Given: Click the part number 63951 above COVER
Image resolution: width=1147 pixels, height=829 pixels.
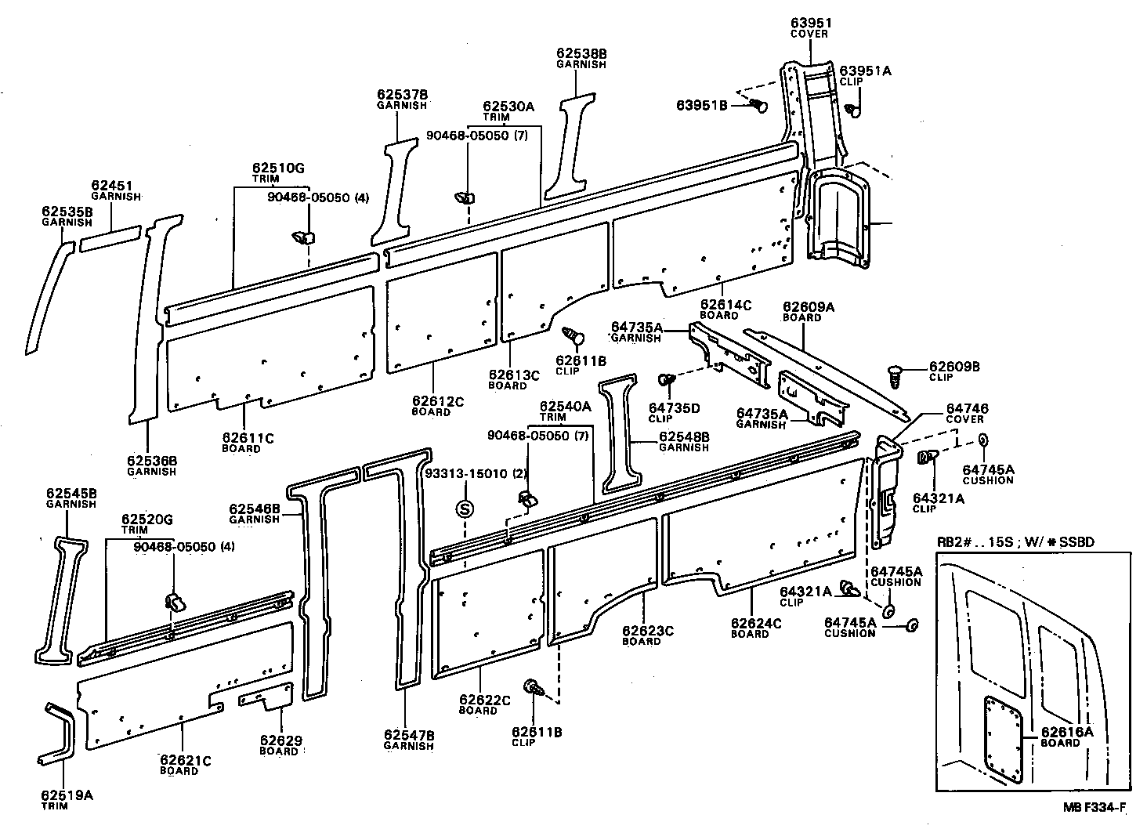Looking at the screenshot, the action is coord(811,23).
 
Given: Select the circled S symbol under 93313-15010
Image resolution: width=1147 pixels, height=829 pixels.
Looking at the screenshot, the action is coord(465,509).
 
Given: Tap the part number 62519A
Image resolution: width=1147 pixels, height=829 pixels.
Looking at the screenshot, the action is coord(67,795).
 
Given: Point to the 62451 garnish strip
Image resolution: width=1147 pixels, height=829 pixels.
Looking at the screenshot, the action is coord(110,238).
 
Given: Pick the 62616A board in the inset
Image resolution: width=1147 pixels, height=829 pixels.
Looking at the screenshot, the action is coord(1003,740).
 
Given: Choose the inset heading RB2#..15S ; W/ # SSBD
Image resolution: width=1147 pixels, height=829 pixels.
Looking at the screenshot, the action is coord(1015,542).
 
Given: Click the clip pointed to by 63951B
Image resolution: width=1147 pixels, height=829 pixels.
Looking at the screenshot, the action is coord(758,106).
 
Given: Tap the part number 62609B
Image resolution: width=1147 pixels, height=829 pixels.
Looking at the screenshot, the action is coord(954,367).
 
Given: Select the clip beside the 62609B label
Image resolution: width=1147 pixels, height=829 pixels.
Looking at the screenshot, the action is coord(895,376).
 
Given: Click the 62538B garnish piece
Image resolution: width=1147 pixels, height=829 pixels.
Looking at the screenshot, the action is coord(570,147).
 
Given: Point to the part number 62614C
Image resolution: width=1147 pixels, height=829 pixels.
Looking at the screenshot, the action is coord(725,305).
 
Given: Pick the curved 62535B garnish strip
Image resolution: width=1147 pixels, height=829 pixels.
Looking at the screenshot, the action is coord(48,297).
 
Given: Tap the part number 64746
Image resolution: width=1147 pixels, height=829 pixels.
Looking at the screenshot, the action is coord(968,408).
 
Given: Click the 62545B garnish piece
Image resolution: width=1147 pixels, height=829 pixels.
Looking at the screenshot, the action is coord(61,600).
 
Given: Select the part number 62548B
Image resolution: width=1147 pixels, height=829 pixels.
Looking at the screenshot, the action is coord(684,436).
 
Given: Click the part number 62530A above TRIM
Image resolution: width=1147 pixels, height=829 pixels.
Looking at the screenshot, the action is coord(508,107).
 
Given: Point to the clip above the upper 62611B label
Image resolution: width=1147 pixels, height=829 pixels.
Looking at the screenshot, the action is coord(573,336).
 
